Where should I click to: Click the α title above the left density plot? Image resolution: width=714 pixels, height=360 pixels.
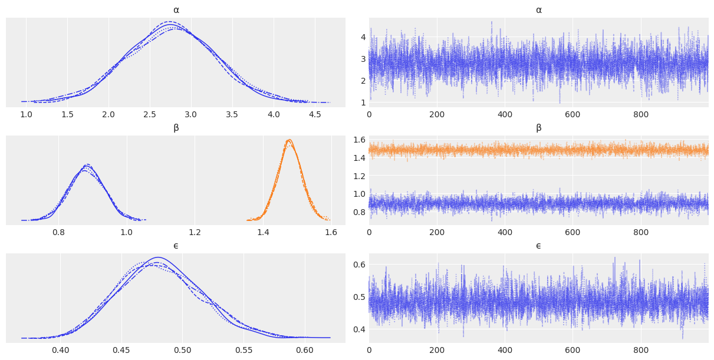(x=176, y=10)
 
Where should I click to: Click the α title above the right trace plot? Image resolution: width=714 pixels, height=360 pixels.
(x=538, y=10)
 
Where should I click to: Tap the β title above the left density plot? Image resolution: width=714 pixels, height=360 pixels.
(x=176, y=128)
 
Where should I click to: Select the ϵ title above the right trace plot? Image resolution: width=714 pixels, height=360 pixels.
(x=538, y=246)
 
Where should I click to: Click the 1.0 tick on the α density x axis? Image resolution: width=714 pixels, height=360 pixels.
(x=27, y=114)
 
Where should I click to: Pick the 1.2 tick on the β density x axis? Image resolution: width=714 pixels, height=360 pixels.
(x=195, y=232)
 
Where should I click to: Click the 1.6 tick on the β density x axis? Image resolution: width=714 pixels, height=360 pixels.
(x=331, y=232)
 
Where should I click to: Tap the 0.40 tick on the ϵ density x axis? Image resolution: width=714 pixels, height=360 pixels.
(x=61, y=350)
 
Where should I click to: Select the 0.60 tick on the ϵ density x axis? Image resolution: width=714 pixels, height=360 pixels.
(x=304, y=350)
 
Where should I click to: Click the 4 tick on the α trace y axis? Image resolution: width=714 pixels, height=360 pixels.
(x=363, y=37)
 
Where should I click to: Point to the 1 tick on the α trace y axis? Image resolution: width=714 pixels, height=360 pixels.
(x=363, y=103)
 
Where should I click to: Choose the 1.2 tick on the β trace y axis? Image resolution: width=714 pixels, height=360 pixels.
(x=359, y=176)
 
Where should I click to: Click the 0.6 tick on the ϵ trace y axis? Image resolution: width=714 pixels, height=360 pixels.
(x=359, y=264)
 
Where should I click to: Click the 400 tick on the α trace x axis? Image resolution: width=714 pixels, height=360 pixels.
(x=505, y=114)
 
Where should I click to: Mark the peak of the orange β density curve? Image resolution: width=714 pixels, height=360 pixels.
(x=289, y=140)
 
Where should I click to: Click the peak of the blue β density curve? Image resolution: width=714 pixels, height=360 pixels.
(x=87, y=165)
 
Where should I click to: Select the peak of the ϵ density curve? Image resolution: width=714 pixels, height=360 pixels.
(x=157, y=258)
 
